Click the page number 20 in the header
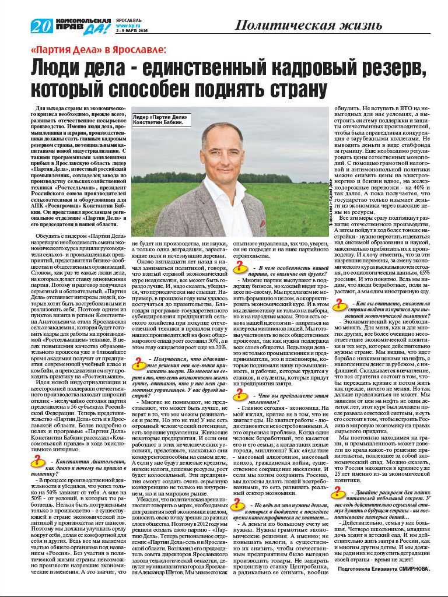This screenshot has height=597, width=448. pos(43,26)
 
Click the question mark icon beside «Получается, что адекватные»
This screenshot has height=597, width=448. pos(139,363)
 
